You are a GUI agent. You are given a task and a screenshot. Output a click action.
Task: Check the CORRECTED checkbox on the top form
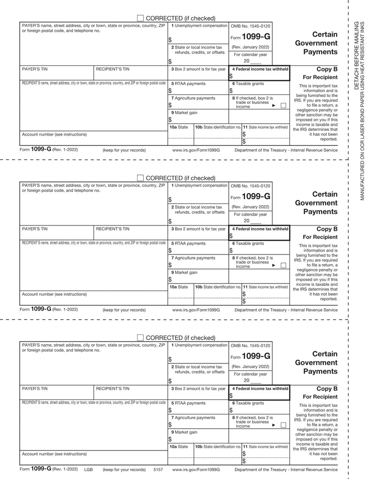[140, 18]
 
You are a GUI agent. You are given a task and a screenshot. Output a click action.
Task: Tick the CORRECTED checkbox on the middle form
[140, 178]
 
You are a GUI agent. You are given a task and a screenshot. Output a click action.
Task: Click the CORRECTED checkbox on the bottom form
[140, 338]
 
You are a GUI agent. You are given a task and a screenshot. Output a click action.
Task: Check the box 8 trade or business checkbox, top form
[283, 106]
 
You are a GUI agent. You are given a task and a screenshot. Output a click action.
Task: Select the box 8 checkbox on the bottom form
[283, 425]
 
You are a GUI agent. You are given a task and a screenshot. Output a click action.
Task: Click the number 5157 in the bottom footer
[158, 469]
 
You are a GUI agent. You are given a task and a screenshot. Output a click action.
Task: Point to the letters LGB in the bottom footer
[88, 469]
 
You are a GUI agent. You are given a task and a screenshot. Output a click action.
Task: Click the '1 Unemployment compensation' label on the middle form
[199, 186]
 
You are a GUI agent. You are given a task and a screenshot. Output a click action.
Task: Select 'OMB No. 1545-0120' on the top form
[251, 26]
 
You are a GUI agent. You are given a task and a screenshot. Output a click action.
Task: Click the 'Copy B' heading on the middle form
[327, 229]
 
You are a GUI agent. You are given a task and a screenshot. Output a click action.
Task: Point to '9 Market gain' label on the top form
[184, 113]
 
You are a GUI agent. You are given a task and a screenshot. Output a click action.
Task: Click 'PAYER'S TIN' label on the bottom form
[35, 389]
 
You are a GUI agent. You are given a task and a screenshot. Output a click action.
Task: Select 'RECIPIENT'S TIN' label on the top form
[113, 69]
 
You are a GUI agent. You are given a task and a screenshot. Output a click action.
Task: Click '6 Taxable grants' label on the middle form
[248, 244]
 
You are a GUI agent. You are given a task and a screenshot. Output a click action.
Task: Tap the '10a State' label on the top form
[179, 127]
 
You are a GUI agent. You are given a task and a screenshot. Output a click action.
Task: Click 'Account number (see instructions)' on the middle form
[54, 294]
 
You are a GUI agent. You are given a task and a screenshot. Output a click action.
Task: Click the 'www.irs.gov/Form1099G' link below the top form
[196, 150]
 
